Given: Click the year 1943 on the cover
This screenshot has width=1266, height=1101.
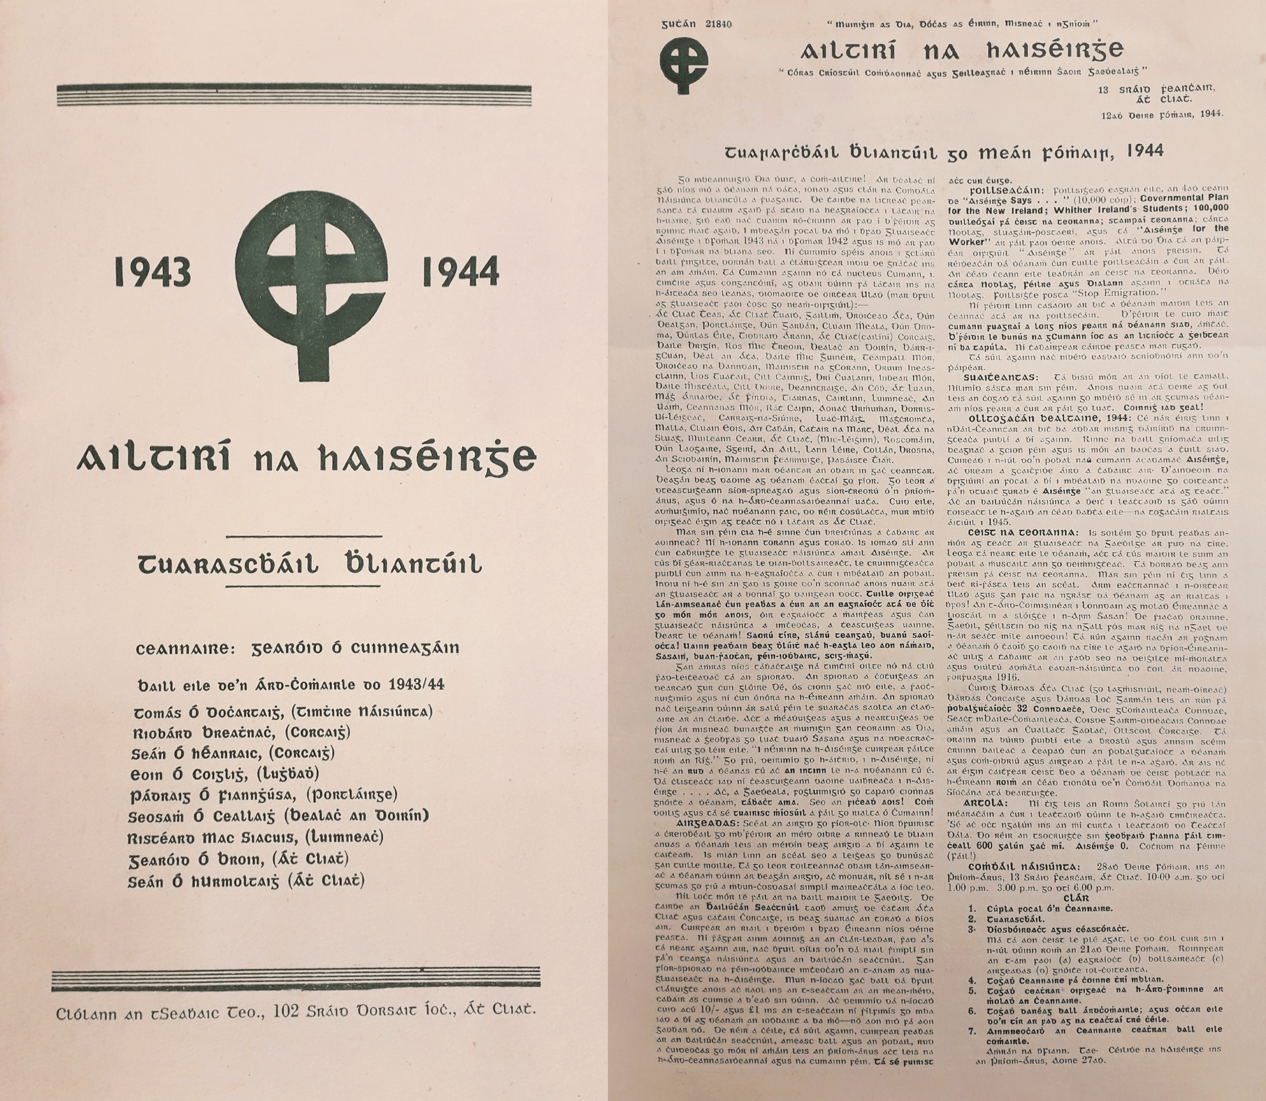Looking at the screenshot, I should [152, 271].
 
